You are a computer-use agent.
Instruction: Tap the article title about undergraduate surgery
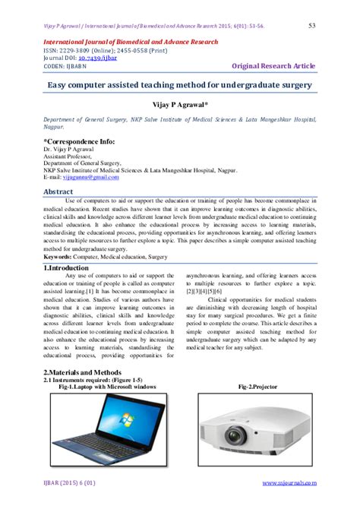[x=180, y=86]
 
